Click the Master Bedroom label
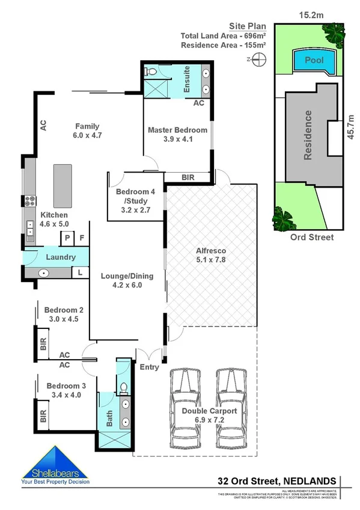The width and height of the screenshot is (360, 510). coord(177,130)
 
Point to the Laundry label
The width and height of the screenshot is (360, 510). coord(61,257)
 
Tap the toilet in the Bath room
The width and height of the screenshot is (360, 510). coord(123,387)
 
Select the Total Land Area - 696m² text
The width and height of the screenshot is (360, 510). coord(224,36)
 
